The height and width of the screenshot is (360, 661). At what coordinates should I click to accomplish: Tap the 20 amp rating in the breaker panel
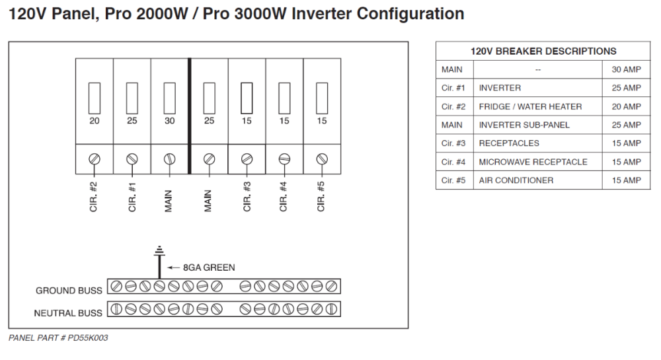[94, 121]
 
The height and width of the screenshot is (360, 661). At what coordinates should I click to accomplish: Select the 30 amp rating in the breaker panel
[170, 121]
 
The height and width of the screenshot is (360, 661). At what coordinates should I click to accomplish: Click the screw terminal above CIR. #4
[284, 159]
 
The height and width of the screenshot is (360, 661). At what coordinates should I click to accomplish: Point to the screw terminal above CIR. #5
[322, 159]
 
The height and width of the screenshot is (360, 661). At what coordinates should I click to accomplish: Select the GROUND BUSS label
[69, 291]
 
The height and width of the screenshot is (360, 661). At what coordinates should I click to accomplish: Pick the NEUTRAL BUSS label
[69, 312]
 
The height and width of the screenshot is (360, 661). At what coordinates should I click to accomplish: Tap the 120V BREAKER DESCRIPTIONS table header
[543, 51]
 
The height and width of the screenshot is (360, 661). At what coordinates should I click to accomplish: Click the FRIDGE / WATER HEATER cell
[530, 106]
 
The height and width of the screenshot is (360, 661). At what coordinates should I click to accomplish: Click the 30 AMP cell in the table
[626, 69]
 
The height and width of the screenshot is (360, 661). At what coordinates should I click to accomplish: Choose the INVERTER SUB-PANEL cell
[524, 125]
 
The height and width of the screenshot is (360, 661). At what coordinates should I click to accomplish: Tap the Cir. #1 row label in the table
[453, 88]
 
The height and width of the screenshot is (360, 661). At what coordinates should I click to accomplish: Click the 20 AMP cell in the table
[626, 106]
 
